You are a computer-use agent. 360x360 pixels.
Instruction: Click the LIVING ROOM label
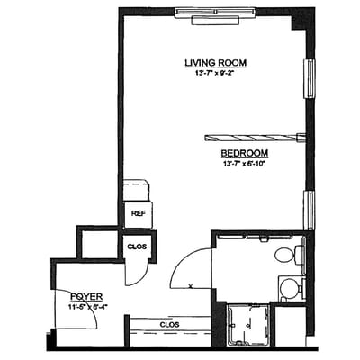tap(216, 63)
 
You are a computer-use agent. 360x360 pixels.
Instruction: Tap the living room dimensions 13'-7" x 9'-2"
tap(216, 74)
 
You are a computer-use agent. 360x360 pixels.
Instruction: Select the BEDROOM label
tap(245, 154)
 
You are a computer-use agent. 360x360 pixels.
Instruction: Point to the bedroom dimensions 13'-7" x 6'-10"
tap(245, 165)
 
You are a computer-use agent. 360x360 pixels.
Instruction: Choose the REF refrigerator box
tap(138, 214)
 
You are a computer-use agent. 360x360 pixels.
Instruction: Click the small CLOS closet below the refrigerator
tap(138, 244)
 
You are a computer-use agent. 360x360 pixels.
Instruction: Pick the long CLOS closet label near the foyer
tap(169, 324)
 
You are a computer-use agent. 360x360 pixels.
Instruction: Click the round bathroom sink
tap(290, 288)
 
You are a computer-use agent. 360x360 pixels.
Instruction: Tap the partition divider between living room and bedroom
tap(256, 138)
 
